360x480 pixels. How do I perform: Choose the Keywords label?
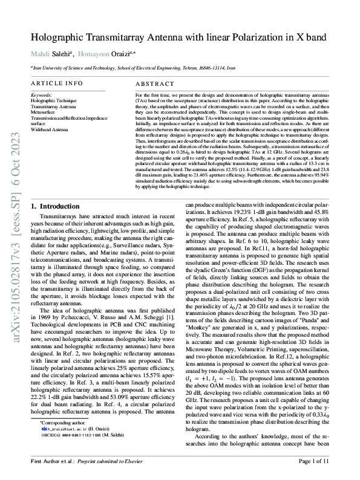tap(41, 95)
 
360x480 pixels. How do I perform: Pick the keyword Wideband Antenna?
tap(50, 129)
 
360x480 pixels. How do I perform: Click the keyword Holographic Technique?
tap(54, 100)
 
